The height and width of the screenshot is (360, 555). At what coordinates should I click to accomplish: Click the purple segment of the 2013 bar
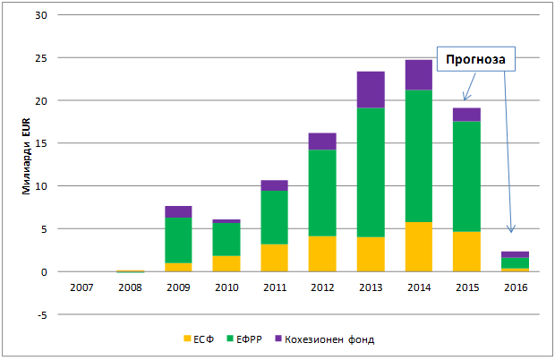click(x=370, y=90)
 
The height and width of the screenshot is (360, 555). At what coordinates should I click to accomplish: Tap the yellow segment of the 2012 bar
click(x=321, y=253)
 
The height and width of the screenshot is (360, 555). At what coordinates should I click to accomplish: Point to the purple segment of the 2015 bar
click(x=466, y=114)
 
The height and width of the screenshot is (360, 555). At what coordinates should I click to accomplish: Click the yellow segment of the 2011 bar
click(x=273, y=258)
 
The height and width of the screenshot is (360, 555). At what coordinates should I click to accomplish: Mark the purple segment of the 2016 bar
click(x=515, y=254)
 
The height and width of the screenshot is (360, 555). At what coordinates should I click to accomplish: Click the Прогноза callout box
click(x=471, y=60)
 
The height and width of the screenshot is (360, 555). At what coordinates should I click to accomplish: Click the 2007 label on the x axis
click(x=81, y=287)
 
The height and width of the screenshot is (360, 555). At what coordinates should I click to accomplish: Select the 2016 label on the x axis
click(x=515, y=287)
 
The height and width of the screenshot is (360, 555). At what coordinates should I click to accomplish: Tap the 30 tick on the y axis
click(x=41, y=14)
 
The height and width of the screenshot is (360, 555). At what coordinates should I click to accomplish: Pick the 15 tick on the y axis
click(x=41, y=143)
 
